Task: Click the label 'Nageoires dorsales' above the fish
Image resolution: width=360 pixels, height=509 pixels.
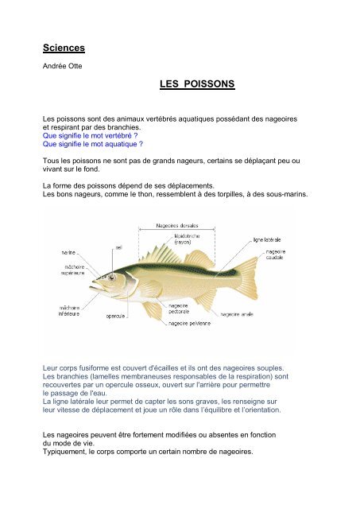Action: point(177,225)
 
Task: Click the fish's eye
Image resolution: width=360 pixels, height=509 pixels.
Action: point(112,278)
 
